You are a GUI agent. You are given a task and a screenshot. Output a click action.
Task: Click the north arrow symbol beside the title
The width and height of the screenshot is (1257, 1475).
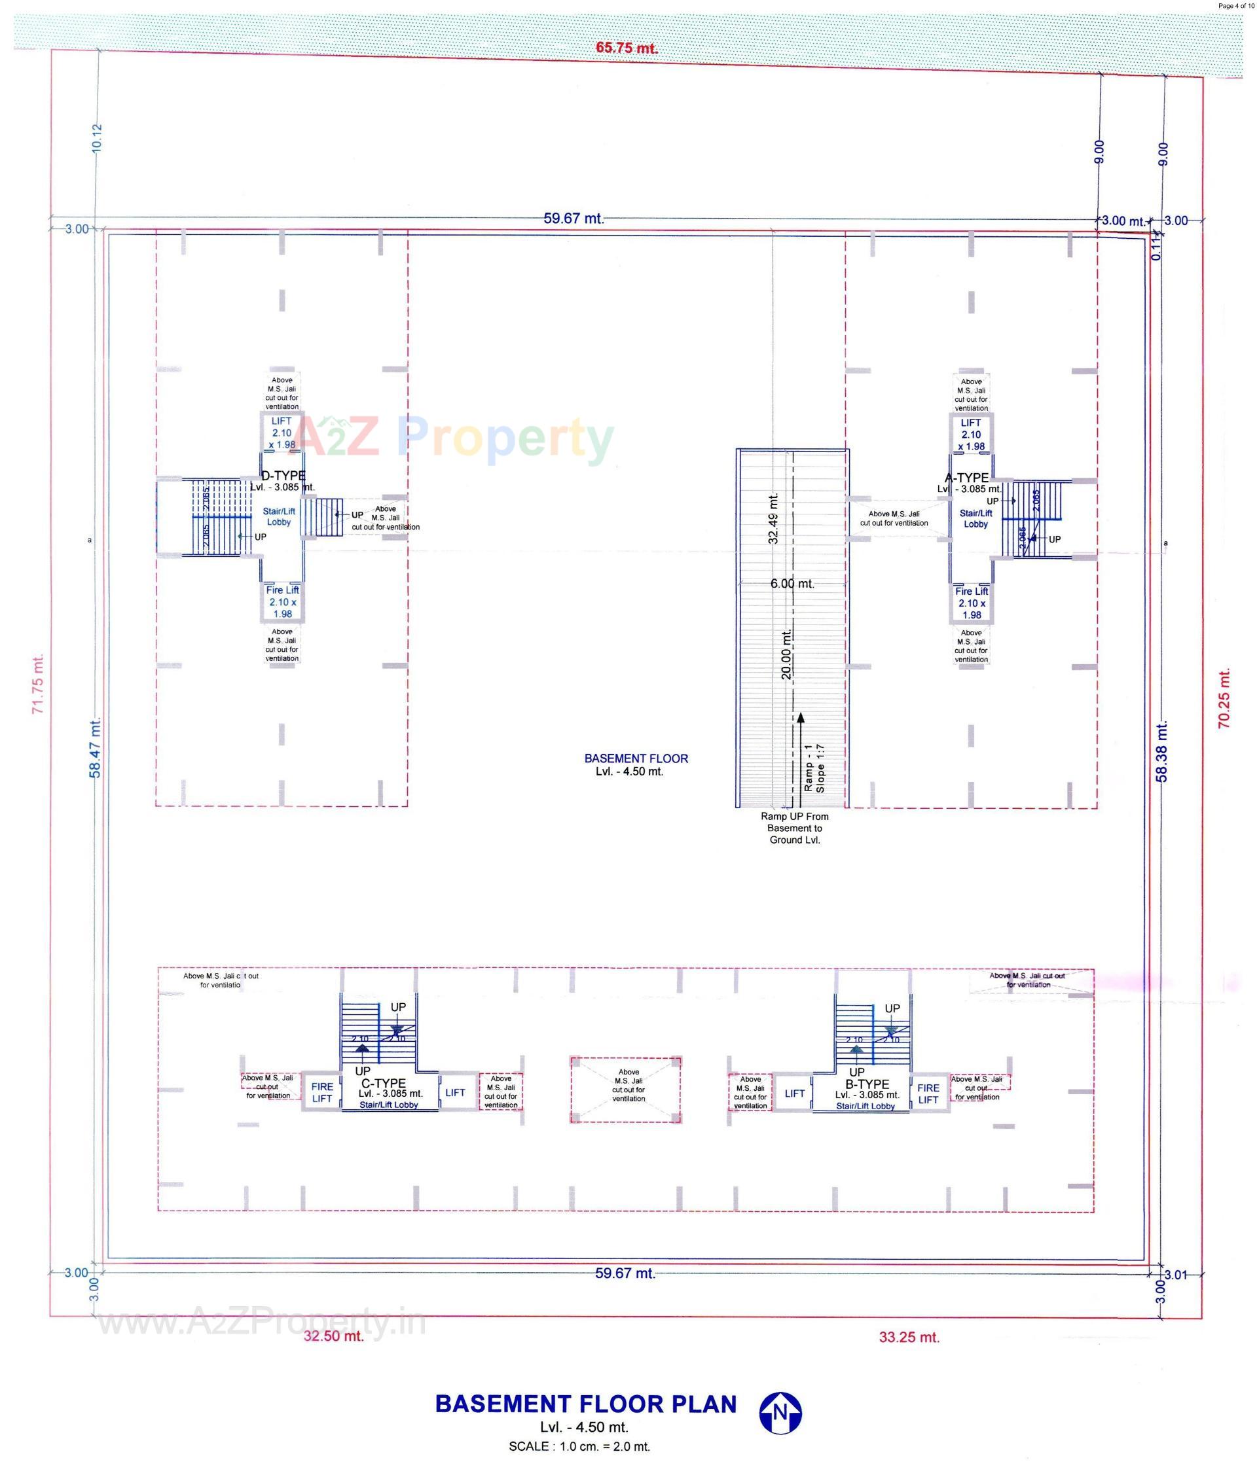[x=780, y=1412]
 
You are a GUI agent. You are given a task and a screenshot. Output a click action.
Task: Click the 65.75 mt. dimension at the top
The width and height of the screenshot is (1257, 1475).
[x=626, y=48]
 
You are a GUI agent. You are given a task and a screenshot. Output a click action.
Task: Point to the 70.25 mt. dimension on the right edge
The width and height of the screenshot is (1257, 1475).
[x=1224, y=698]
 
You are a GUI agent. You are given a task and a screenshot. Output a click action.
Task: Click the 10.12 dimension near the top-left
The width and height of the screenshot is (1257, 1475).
[x=98, y=137]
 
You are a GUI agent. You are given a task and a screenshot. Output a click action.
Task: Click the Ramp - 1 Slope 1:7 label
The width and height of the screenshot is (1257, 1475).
[x=813, y=768]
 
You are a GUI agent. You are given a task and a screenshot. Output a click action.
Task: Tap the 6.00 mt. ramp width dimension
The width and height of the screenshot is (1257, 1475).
[x=792, y=584]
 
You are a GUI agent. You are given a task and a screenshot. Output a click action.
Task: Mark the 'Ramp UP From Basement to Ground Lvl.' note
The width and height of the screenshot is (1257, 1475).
[x=794, y=828]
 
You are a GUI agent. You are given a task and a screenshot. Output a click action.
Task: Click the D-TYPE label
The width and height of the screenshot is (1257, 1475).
[x=283, y=476]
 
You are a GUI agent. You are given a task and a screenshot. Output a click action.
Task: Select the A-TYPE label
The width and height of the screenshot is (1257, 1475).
[x=966, y=478]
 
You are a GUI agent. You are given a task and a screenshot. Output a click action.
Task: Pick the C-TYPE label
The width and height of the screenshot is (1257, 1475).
[x=383, y=1084]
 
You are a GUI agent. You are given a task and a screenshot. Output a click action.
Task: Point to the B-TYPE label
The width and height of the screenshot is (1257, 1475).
[x=867, y=1084]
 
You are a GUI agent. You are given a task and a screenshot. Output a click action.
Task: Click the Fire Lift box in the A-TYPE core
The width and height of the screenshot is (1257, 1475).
[x=972, y=603]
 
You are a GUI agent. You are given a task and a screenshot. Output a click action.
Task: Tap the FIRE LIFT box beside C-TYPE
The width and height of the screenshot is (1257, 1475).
[x=322, y=1092]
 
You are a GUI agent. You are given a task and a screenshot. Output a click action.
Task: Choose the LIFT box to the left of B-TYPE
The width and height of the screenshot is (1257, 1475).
[x=794, y=1093]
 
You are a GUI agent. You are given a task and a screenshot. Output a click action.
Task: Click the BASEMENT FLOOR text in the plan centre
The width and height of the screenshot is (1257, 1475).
[x=636, y=759]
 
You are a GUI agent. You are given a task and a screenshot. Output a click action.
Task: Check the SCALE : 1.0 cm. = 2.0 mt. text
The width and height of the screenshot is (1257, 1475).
[x=579, y=1446]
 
